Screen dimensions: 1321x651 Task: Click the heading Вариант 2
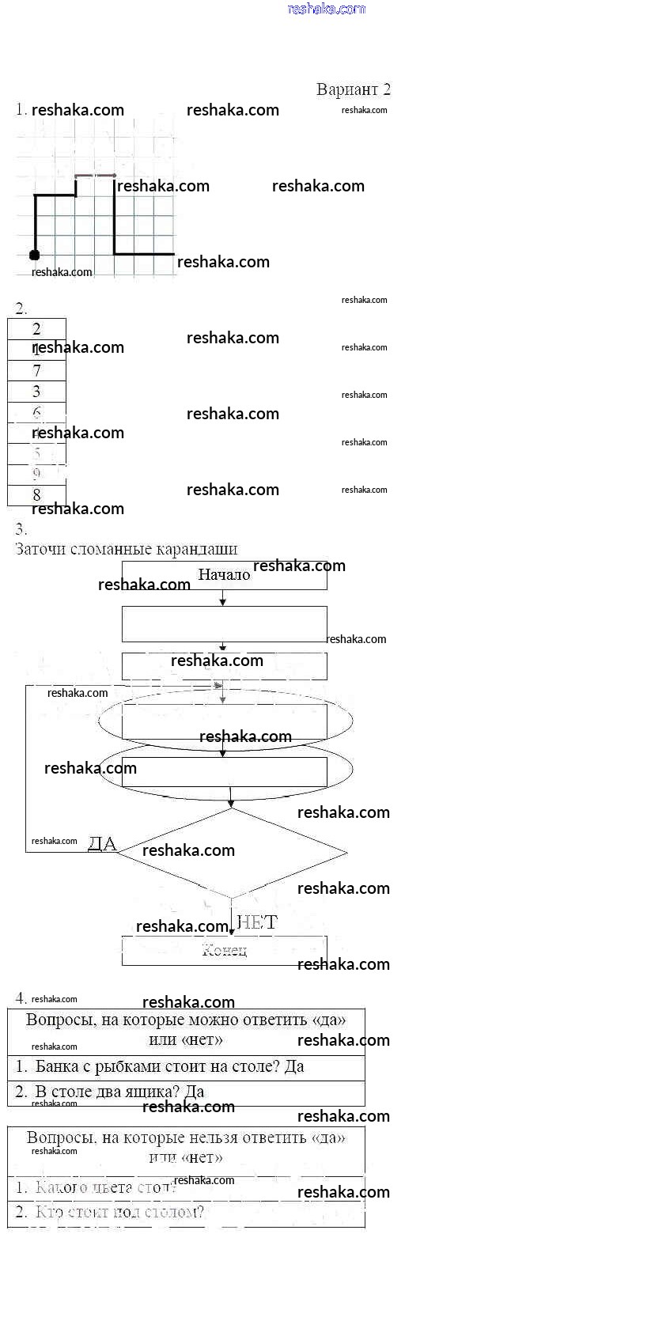pyautogui.click(x=353, y=89)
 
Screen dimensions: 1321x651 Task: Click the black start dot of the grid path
pyautogui.click(x=34, y=255)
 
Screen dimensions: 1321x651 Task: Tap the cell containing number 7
pyautogui.click(x=36, y=371)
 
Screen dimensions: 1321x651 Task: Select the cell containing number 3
pyautogui.click(x=36, y=392)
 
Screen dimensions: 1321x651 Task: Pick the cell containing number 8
pyautogui.click(x=36, y=495)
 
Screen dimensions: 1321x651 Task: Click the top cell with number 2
pyautogui.click(x=36, y=329)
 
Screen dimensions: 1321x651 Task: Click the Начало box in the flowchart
pyautogui.click(x=224, y=575)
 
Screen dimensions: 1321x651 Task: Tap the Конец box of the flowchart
pyautogui.click(x=224, y=950)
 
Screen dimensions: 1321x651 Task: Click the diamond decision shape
pyautogui.click(x=231, y=853)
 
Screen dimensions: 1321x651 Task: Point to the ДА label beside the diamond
pyautogui.click(x=102, y=843)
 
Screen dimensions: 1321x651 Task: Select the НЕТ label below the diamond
pyautogui.click(x=257, y=922)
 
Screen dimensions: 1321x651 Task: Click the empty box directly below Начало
pyautogui.click(x=224, y=623)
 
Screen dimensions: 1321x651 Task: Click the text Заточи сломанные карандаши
pyautogui.click(x=127, y=549)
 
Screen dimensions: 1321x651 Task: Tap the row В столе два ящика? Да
pyautogui.click(x=119, y=1092)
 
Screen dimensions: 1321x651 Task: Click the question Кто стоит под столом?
pyautogui.click(x=119, y=1212)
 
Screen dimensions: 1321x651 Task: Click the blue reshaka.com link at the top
pyautogui.click(x=326, y=9)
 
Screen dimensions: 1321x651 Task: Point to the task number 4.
pyautogui.click(x=21, y=998)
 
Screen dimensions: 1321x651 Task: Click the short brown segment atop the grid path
pyautogui.click(x=95, y=176)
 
